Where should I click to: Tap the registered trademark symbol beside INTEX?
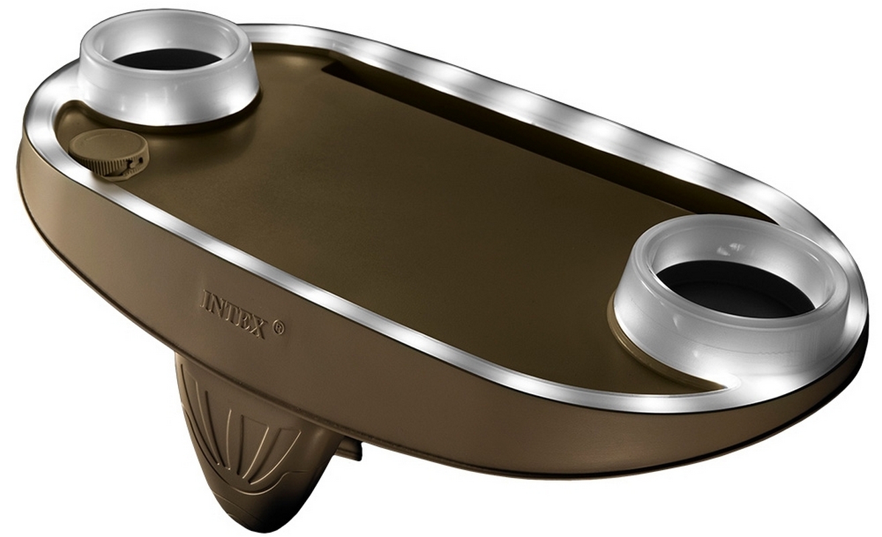(278, 328)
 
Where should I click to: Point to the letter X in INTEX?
(257, 326)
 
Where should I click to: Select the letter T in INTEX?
(230, 311)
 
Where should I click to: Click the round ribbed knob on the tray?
(109, 154)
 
